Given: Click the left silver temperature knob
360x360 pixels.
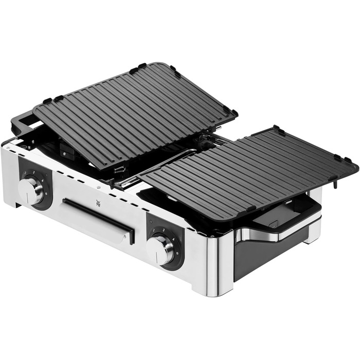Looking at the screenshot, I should [x=30, y=191].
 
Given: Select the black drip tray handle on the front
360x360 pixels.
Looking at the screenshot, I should [x=98, y=220].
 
